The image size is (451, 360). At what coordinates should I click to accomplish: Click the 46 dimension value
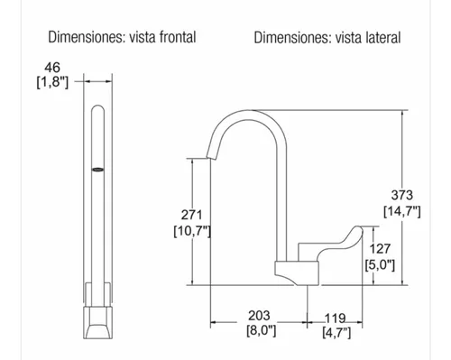click(x=52, y=68)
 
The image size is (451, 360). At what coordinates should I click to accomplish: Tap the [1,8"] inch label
click(x=52, y=82)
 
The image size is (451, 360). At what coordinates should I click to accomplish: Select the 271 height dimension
click(x=191, y=216)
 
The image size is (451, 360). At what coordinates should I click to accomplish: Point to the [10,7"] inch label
click(x=192, y=231)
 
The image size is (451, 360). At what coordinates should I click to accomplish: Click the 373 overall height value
click(x=402, y=196)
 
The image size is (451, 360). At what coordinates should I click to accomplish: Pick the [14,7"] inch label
click(x=402, y=211)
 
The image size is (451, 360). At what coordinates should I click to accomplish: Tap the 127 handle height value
click(x=380, y=249)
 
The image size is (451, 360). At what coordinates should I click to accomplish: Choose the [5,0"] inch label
click(x=380, y=265)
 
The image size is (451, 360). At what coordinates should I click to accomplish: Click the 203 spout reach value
click(x=259, y=316)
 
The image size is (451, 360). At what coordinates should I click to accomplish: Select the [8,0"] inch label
click(x=262, y=331)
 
